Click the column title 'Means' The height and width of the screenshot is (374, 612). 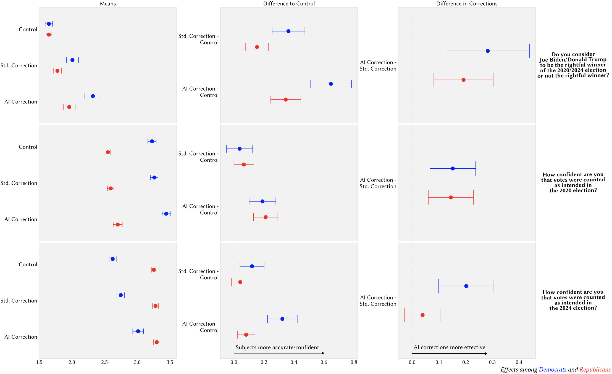click(x=108, y=4)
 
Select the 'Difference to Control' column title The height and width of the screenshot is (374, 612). click(x=289, y=4)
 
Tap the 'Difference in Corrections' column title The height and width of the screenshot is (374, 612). click(x=467, y=4)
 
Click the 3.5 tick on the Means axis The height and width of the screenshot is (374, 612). click(x=170, y=362)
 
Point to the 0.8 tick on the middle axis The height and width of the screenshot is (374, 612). click(x=354, y=362)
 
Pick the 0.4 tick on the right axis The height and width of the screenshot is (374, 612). click(x=519, y=362)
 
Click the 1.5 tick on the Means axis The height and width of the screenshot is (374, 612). click(x=39, y=362)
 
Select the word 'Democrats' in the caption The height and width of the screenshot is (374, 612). click(x=552, y=370)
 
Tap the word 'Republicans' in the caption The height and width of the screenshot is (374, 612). click(x=595, y=370)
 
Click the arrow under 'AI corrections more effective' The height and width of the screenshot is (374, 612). click(x=450, y=354)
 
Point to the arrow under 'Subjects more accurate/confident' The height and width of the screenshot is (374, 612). click(x=279, y=353)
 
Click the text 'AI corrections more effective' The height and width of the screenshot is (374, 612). click(x=449, y=347)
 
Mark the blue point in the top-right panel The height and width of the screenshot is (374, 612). click(x=488, y=51)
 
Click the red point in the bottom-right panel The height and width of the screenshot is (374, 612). click(x=422, y=315)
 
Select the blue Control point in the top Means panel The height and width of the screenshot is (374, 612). click(x=49, y=24)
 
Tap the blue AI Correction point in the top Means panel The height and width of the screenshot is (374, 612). click(x=93, y=96)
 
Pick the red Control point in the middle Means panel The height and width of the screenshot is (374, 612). click(x=108, y=152)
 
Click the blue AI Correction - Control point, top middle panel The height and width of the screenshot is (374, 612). click(x=331, y=84)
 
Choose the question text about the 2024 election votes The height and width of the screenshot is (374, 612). click(x=573, y=300)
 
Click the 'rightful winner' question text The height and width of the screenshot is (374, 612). click(x=573, y=65)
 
